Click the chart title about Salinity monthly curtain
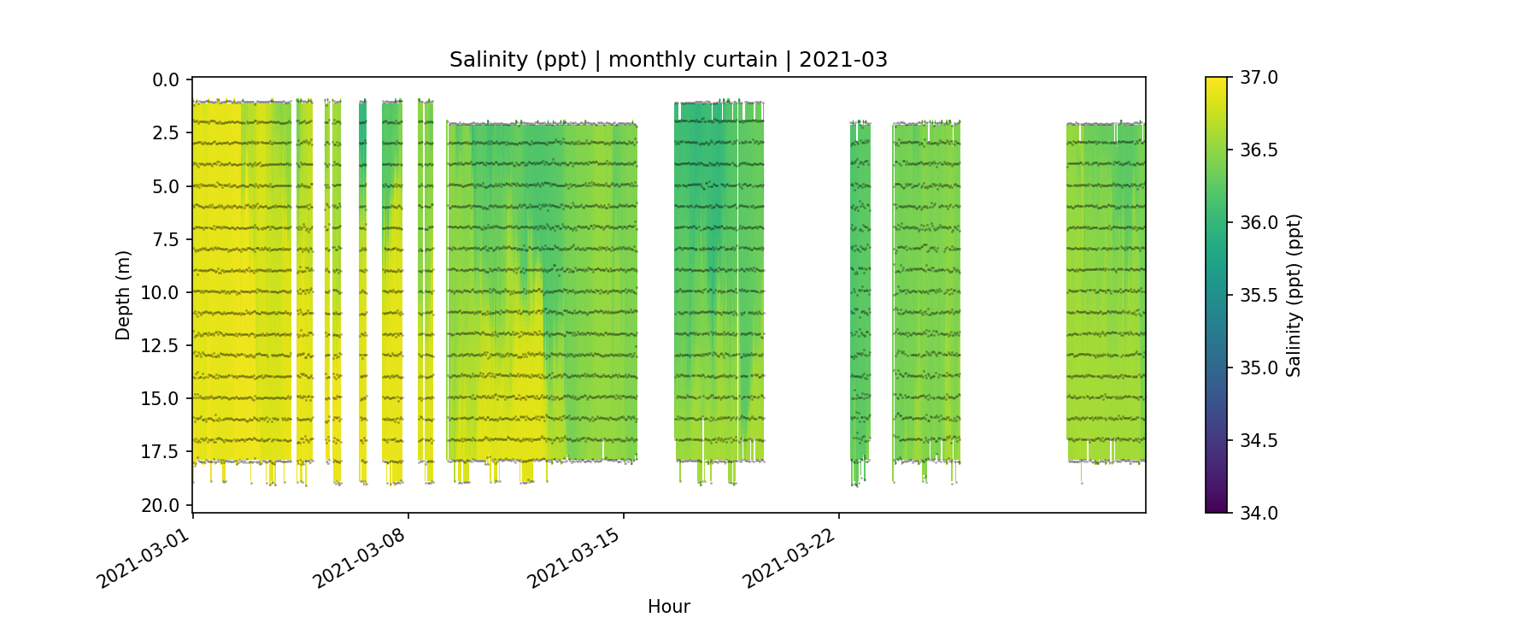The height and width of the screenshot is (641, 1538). point(668,60)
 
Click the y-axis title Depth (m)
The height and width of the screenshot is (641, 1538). point(123,295)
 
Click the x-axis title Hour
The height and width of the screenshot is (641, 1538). point(668,607)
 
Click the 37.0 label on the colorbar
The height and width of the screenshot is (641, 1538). point(1259,78)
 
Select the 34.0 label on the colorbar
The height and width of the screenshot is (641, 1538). point(1259,513)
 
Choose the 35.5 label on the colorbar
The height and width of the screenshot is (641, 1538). point(1259,296)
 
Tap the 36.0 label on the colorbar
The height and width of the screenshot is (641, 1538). point(1259,223)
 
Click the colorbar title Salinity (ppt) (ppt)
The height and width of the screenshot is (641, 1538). point(1294,295)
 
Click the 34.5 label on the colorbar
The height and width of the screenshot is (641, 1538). point(1259,441)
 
